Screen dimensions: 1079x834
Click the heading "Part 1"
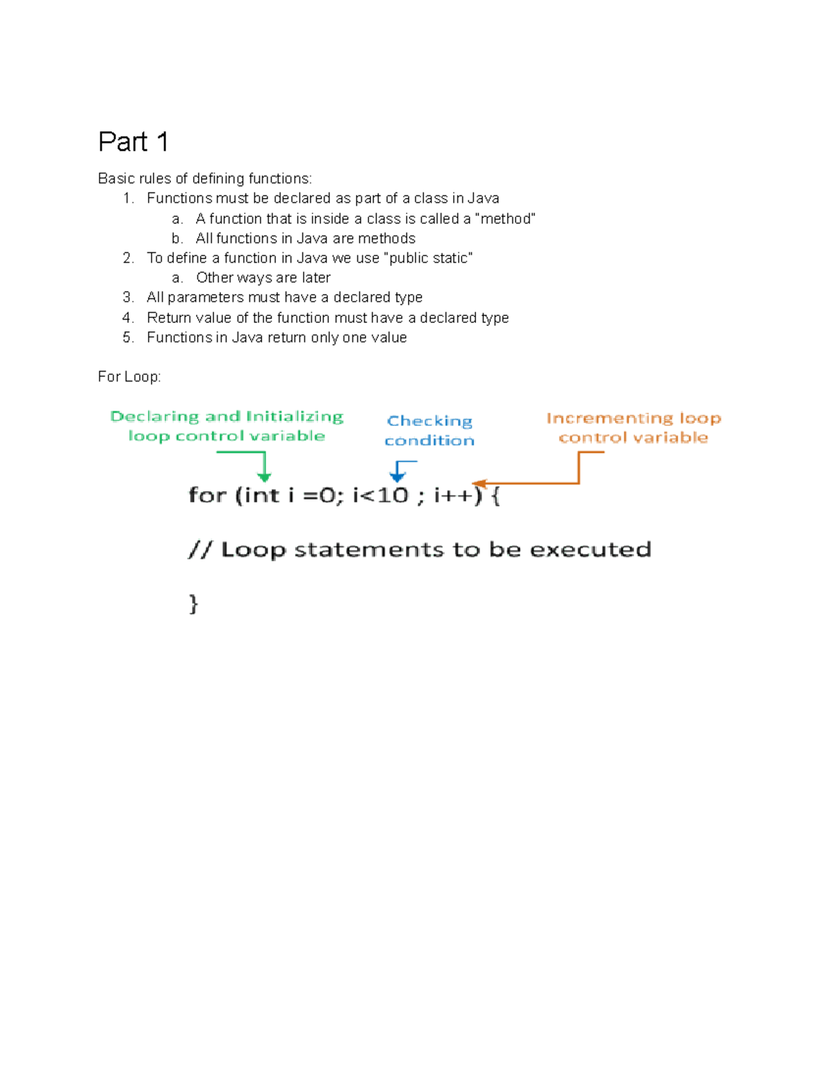pyautogui.click(x=133, y=142)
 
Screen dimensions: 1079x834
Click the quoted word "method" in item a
pyautogui.click(x=505, y=219)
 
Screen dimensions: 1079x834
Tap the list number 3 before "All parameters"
pyautogui.click(x=128, y=297)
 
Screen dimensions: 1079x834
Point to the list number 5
pyautogui.click(x=128, y=338)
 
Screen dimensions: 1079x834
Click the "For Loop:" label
pyautogui.click(x=129, y=377)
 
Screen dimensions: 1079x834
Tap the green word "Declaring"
pyautogui.click(x=154, y=416)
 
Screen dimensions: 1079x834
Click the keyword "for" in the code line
pyautogui.click(x=207, y=495)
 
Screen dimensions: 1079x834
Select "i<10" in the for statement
pyautogui.click(x=380, y=495)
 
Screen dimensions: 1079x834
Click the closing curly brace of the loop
pyautogui.click(x=193, y=603)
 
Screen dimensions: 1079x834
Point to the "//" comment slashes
pyautogui.click(x=199, y=550)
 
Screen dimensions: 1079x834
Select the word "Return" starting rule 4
pyautogui.click(x=168, y=318)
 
